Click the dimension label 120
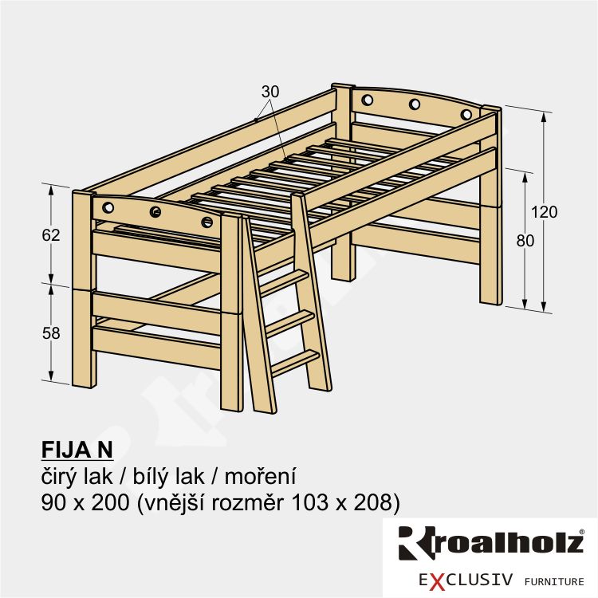pos(545,212)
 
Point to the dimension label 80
pos(525,241)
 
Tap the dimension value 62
pos(51,235)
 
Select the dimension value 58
pos(51,333)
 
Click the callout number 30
pos(270,92)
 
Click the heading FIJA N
pos(77,450)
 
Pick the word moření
pos(260,477)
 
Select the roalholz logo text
pos(491,543)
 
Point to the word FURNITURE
pos(554,581)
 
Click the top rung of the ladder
pos(283,281)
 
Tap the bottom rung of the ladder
pos(295,362)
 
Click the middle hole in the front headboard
pos(155,212)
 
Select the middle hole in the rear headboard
pos(415,104)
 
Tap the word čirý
pos(57,477)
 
